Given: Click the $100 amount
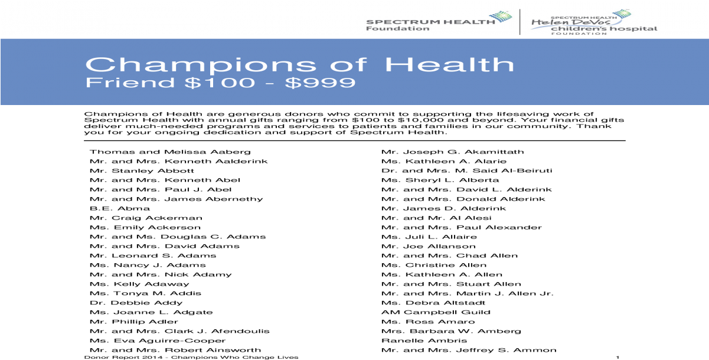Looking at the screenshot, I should pos(220,82).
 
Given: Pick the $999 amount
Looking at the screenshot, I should pos(320,82).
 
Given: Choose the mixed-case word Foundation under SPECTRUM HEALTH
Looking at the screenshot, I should pos(397,29).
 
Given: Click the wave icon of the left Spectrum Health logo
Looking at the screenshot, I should pos(500,17).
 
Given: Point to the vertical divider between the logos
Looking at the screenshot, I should pos(520,22).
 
